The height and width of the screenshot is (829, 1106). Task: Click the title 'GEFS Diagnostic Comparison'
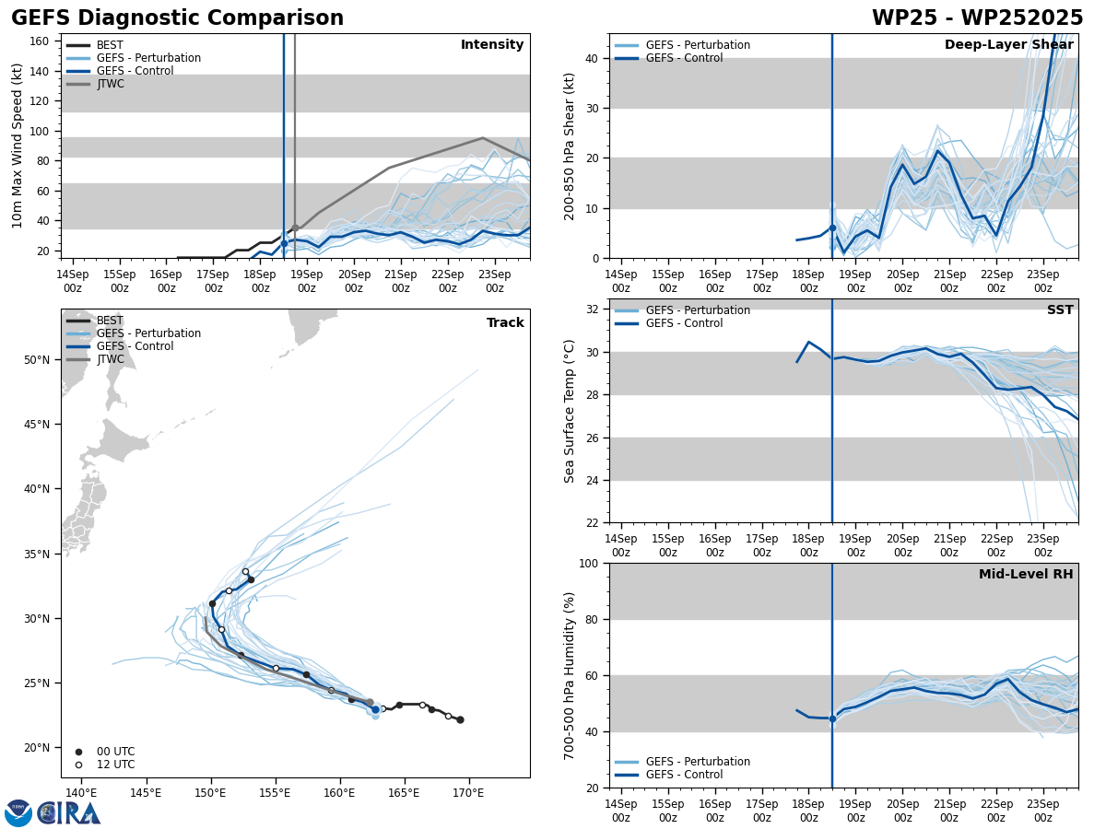(x=177, y=18)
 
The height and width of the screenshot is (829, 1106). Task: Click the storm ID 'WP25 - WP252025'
(x=977, y=18)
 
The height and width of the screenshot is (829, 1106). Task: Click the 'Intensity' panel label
(x=492, y=45)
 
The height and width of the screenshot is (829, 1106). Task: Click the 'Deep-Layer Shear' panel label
(x=1008, y=45)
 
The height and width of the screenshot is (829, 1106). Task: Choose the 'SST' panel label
(x=1060, y=310)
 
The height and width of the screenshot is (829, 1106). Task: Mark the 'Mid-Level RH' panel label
(x=1026, y=575)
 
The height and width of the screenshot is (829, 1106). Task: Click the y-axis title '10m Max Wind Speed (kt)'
(x=18, y=146)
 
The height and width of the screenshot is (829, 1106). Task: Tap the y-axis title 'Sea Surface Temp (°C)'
(x=569, y=411)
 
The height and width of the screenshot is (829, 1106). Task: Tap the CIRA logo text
(x=69, y=813)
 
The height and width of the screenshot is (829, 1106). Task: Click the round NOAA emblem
(x=18, y=813)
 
